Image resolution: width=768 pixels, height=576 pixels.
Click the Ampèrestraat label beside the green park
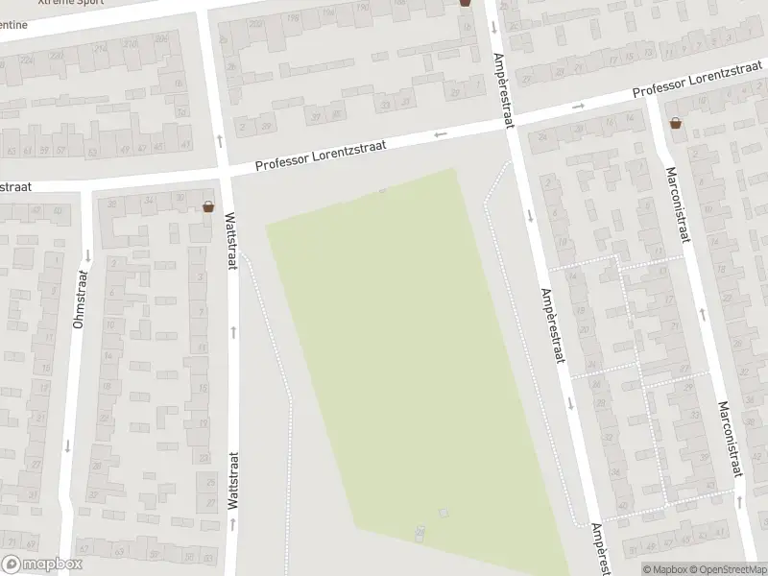(x=551, y=326)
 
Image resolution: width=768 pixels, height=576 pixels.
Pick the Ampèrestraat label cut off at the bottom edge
(x=599, y=549)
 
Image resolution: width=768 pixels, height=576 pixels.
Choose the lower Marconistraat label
(x=731, y=439)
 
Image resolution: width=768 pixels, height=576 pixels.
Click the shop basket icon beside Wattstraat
(x=208, y=206)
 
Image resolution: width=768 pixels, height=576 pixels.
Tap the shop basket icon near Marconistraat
(x=677, y=123)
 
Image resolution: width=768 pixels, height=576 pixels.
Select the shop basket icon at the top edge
(x=466, y=3)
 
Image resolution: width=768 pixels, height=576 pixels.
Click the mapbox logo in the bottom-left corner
(x=42, y=564)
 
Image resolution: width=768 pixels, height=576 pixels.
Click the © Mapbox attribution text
(x=666, y=569)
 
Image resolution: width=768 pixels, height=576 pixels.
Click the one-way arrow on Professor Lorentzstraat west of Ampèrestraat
(x=441, y=134)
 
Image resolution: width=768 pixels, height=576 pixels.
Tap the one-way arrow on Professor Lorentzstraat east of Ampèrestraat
(x=577, y=107)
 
